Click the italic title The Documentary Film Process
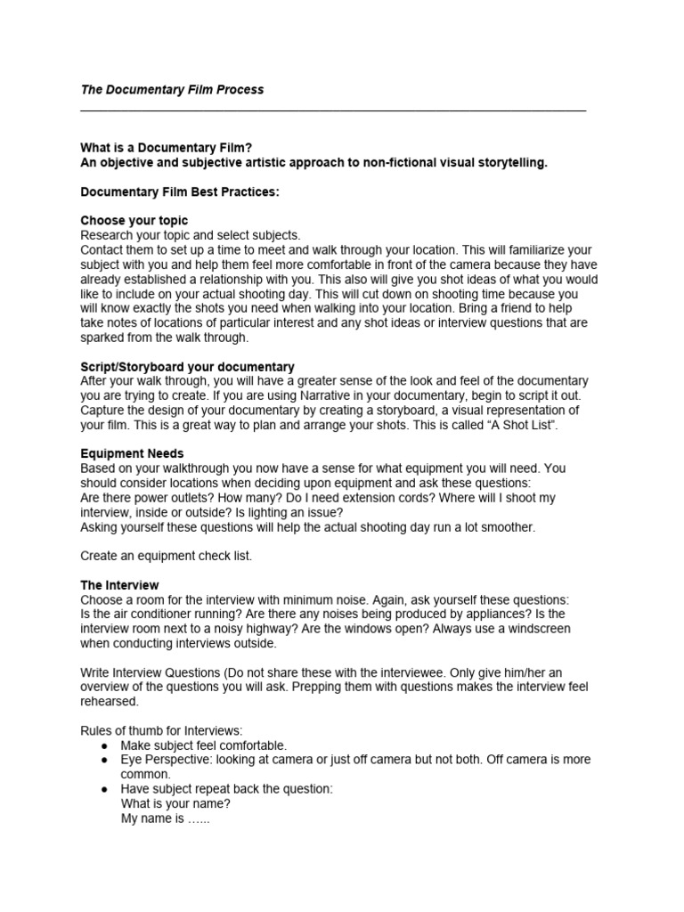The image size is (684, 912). pos(172,90)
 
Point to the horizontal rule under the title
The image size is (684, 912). pos(333,110)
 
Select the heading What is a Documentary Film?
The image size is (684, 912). pos(173,148)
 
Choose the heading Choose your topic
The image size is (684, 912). pos(134,220)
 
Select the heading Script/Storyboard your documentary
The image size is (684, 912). pos(187,367)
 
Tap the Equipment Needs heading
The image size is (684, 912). pos(132,453)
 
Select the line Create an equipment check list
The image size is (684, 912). pos(167,556)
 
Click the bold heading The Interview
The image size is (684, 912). pos(120,585)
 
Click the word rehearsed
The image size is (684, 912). pos(109,701)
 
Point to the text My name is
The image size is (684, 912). pos(153,818)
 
